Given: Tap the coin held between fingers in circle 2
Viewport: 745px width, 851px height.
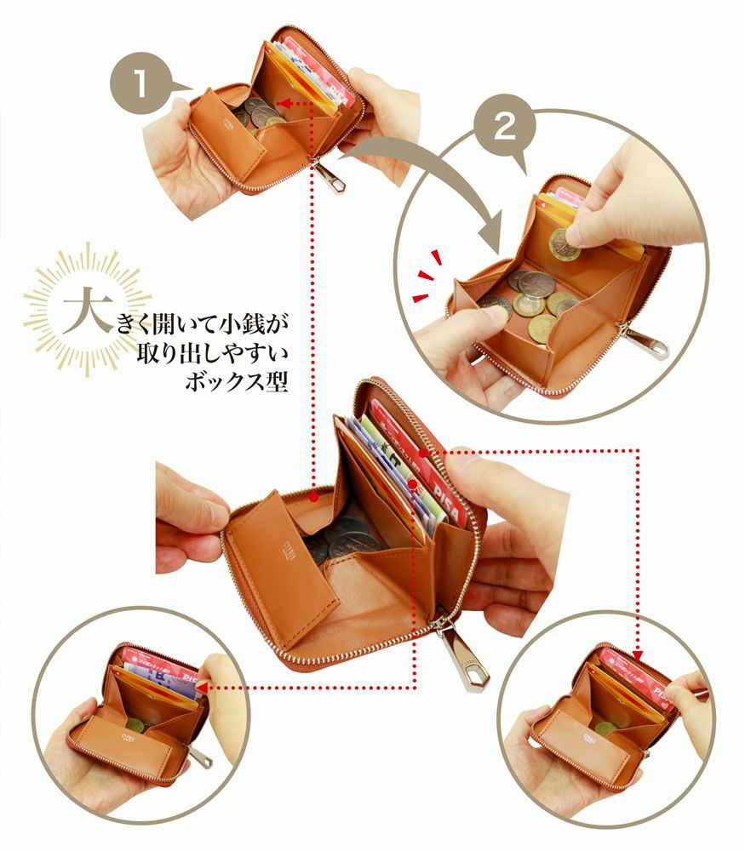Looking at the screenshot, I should click(x=564, y=244).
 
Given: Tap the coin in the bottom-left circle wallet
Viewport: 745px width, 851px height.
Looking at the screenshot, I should click(x=135, y=725).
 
